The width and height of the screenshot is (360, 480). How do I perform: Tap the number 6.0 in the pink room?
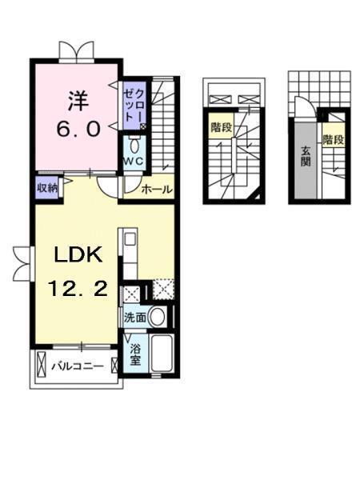pyautogui.click(x=78, y=129)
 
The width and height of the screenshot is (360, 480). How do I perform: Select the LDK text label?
pyautogui.click(x=78, y=254)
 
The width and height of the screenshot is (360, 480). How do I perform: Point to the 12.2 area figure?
pyautogui.click(x=78, y=289)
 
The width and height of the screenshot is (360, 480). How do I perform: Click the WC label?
pyautogui.click(x=134, y=161)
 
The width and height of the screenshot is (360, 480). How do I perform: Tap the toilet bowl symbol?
pyautogui.click(x=134, y=146)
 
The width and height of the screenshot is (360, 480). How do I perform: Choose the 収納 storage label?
pyautogui.click(x=47, y=188)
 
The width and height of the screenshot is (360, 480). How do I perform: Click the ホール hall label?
pyautogui.click(x=157, y=190)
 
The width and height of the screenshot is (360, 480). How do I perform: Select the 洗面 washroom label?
pyautogui.click(x=134, y=318)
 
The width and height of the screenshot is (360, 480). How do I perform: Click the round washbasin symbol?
pyautogui.click(x=158, y=317)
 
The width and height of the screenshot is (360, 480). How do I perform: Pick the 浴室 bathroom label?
pyautogui.click(x=135, y=355)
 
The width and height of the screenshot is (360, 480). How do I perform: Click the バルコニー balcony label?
pyautogui.click(x=77, y=366)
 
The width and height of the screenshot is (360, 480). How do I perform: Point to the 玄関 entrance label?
pyautogui.click(x=305, y=157)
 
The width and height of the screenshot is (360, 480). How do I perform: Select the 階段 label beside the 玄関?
pyautogui.click(x=334, y=140)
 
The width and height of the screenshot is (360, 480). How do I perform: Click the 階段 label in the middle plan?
pyautogui.click(x=221, y=128)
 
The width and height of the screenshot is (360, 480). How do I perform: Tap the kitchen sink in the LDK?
pyautogui.click(x=130, y=238)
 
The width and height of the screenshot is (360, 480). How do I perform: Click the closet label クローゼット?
pyautogui.click(x=134, y=105)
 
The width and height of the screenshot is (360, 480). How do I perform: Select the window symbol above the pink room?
pyautogui.click(x=76, y=50)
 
